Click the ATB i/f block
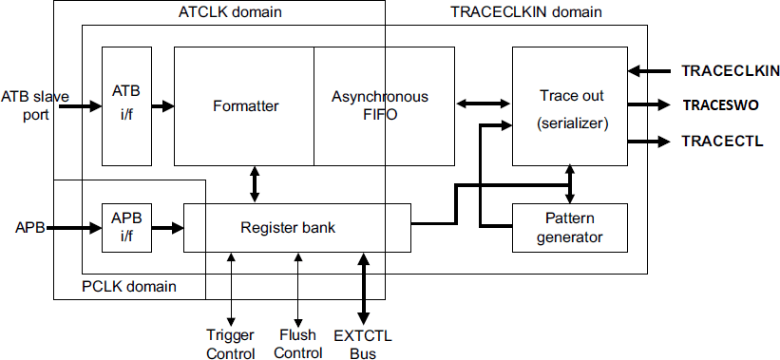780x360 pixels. (125, 104)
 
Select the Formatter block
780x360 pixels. (245, 105)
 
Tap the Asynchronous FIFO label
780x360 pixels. (380, 105)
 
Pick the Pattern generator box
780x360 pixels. (571, 227)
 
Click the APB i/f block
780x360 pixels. (125, 228)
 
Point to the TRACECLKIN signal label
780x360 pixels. (731, 70)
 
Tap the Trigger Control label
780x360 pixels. (231, 345)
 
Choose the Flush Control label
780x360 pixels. (298, 345)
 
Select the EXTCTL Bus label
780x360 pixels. (363, 345)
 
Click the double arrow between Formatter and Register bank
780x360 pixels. (255, 184)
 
